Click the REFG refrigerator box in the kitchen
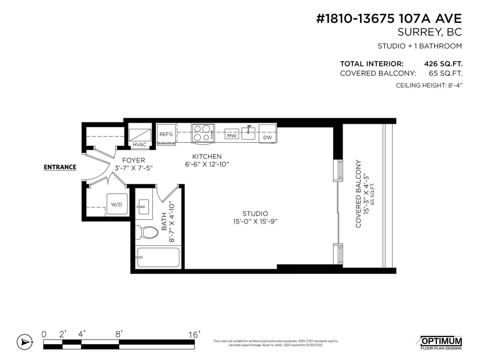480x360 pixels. pos(166,134)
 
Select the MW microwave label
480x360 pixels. pos(232,136)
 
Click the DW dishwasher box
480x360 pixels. pos(267,134)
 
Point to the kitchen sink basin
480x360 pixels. pos(248,133)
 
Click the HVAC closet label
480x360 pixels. pos(139,145)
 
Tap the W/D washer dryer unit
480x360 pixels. pos(117,204)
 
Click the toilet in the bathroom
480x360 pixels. pos(148,232)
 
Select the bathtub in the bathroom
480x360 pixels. pos(158,257)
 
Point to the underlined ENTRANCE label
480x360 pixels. pos(60,167)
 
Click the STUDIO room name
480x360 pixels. pos(255,214)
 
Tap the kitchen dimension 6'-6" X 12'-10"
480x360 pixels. pos(207,164)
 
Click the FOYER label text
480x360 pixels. pos(133,160)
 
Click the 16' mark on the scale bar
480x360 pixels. pos(194,334)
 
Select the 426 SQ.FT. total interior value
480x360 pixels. pos(443,64)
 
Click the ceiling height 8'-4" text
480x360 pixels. pos(429,85)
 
